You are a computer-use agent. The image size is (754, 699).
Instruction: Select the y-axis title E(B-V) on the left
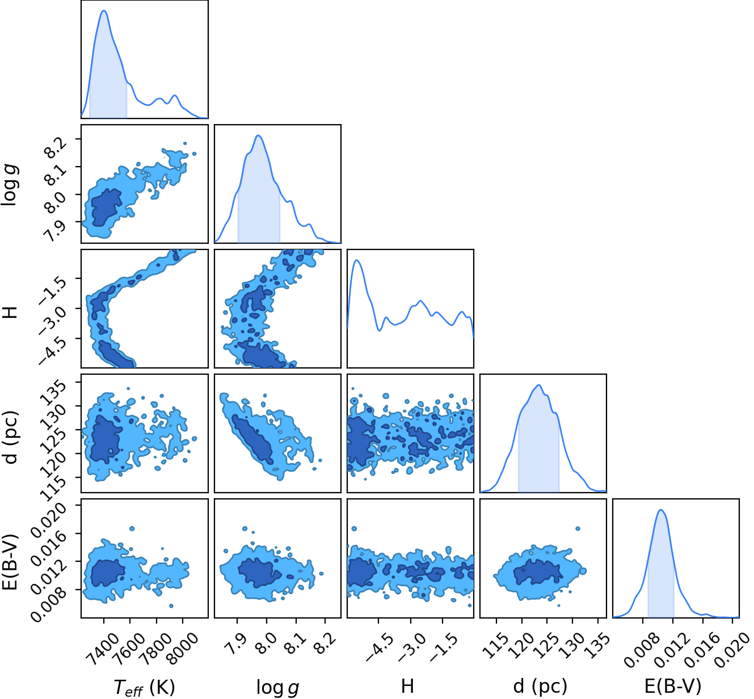point(11,562)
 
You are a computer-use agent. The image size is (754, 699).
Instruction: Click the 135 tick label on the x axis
point(596,645)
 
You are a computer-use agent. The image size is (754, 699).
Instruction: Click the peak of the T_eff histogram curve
point(104,10)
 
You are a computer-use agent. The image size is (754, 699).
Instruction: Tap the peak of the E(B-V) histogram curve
point(661,510)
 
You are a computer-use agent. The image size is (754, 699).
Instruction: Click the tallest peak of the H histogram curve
point(356,260)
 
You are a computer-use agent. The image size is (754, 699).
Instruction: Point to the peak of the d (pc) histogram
point(538,385)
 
